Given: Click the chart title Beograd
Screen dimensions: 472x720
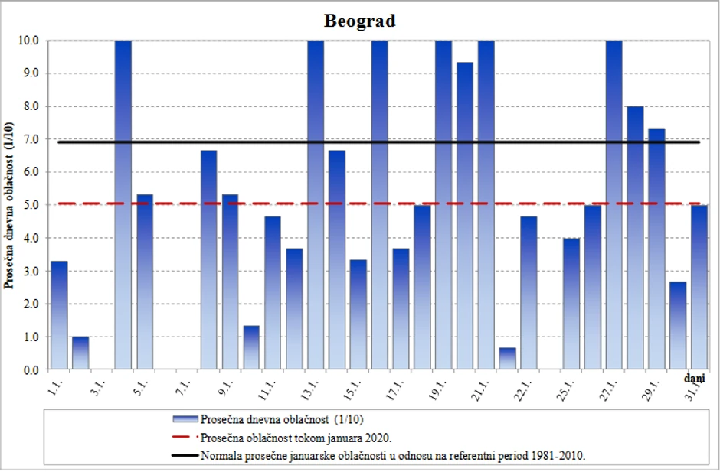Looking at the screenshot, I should pos(359,21).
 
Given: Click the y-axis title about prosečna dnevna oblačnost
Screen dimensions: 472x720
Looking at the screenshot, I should pos(11,205).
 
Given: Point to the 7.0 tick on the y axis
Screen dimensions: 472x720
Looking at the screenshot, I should pos(31,139).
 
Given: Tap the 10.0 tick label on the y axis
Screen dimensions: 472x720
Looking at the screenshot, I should pos(28,41).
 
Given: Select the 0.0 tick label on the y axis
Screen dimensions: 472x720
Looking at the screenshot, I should pos(31,369).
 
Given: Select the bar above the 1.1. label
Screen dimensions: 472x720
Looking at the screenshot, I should pos(59,315).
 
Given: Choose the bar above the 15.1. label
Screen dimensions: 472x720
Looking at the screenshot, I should pos(358,314).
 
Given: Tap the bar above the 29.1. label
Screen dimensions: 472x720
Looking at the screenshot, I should pos(657,249).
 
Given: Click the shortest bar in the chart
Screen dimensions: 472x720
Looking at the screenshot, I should pos(507,359).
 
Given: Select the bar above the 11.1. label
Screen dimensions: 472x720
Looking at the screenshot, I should pos(273,293).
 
